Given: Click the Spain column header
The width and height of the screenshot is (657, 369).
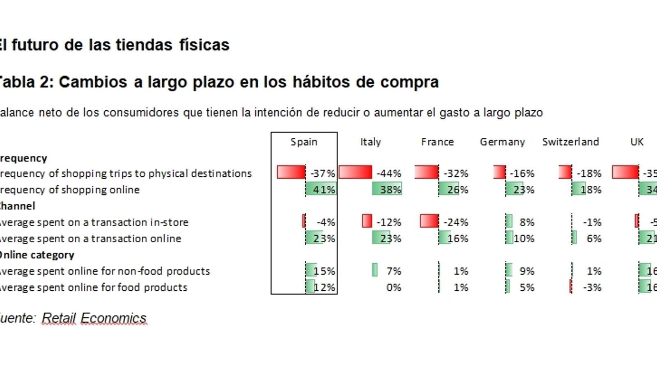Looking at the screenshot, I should [x=304, y=142].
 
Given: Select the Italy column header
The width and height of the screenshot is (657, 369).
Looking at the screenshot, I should [x=370, y=142].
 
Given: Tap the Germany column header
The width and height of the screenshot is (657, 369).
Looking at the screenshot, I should [x=502, y=142].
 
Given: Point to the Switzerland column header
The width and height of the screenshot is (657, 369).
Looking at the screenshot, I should [x=570, y=142].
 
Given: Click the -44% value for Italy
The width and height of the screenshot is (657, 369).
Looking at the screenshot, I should [x=389, y=173].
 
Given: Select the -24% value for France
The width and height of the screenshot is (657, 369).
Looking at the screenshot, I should [x=456, y=222].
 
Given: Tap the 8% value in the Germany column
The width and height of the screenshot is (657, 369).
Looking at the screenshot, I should [x=526, y=222].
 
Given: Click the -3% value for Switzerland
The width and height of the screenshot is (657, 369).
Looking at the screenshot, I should [x=592, y=287].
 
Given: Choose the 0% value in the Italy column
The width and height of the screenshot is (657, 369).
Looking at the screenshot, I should [x=393, y=287].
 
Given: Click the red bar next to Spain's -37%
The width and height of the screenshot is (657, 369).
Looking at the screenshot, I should [x=291, y=172].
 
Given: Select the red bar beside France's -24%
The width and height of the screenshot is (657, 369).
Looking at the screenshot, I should [x=429, y=221].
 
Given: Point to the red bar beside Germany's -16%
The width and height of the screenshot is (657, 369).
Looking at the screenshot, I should [x=499, y=172].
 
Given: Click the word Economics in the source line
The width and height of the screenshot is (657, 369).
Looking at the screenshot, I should [x=113, y=318].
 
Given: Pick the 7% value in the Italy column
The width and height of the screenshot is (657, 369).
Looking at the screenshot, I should [x=393, y=271].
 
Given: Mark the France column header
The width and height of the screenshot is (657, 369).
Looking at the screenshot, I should [x=437, y=142].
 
